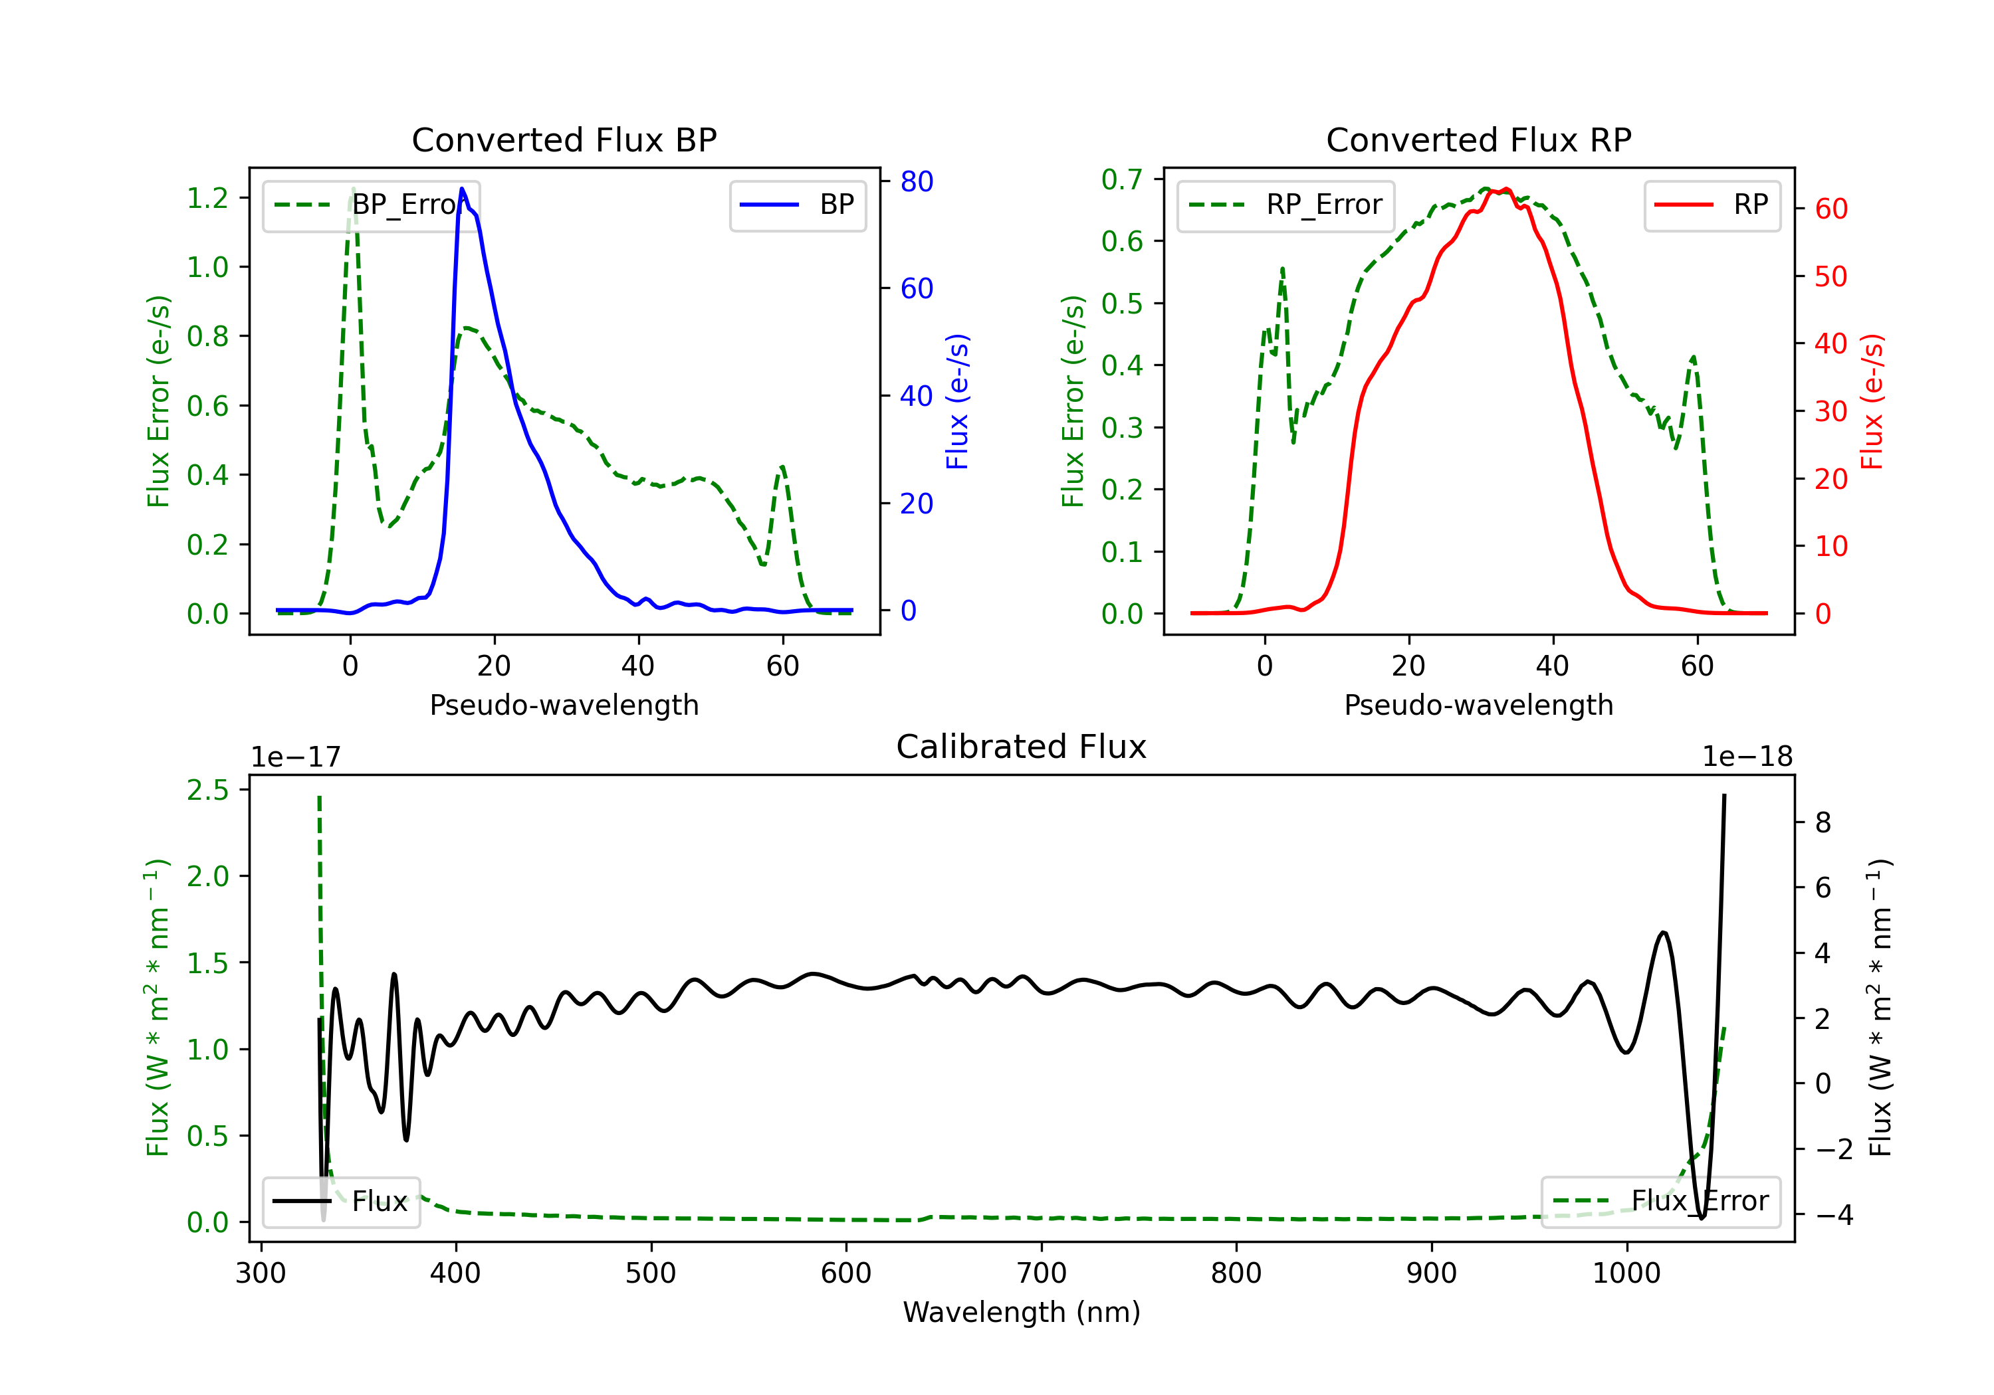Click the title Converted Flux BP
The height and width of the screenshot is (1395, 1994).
click(x=564, y=139)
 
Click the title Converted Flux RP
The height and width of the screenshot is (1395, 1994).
click(x=1478, y=139)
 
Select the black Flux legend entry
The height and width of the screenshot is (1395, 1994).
click(x=342, y=1202)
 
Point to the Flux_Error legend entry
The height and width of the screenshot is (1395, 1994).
click(x=1660, y=1202)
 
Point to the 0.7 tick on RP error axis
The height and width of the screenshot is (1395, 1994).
click(x=1122, y=180)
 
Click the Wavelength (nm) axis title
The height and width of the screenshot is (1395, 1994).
click(x=1022, y=1313)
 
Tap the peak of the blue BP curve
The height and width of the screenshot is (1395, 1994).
click(x=462, y=189)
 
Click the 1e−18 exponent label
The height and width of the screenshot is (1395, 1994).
click(x=1747, y=757)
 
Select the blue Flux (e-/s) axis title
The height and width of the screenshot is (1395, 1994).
click(x=957, y=401)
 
